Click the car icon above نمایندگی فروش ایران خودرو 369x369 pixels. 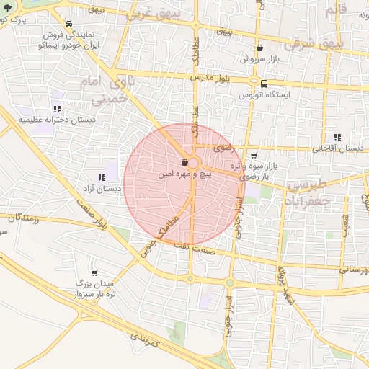pos(68,24)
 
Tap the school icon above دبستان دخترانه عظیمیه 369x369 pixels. pos(56,108)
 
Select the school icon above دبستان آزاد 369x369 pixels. pos(101,177)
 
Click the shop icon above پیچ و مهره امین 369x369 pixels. pos(186,163)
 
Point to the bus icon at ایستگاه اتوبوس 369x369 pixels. pos(264,84)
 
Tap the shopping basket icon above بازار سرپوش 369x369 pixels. pos(259,48)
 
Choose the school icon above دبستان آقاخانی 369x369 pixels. pos(337,137)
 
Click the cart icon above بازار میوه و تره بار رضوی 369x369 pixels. pos(254,155)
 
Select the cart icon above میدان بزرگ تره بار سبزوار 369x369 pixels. pos(94,273)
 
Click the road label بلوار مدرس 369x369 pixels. pos(208,76)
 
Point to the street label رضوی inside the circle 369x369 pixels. pos(223,147)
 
